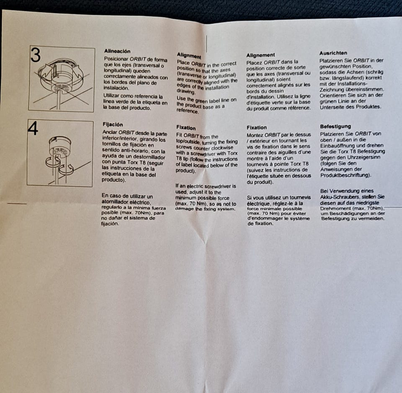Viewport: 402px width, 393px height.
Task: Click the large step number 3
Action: pos(36,55)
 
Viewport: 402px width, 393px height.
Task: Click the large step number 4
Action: pos(33,128)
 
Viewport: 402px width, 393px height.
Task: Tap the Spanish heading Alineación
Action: pos(117,51)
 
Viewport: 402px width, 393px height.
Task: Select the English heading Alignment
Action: pos(189,55)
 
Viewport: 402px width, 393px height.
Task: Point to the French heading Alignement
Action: pos(260,55)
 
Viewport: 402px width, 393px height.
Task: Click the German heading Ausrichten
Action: pos(333,53)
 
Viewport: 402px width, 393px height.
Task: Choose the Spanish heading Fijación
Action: pos(113,124)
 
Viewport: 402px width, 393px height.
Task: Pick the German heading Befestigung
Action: pos(335,127)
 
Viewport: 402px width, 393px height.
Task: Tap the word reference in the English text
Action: pos(188,111)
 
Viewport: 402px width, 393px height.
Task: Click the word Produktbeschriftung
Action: pos(345,176)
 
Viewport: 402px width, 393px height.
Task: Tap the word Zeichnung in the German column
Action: pos(332,90)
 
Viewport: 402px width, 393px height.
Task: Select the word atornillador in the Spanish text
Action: pos(116,202)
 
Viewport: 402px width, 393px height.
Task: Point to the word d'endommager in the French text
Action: pos(263,219)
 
